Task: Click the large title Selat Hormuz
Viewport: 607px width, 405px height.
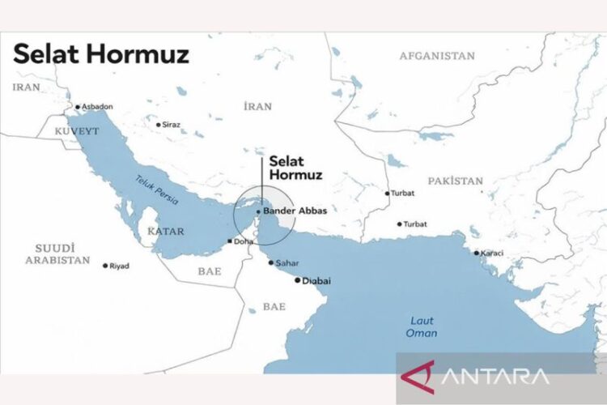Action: tap(101, 54)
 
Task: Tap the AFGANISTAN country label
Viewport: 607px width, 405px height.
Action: tap(436, 56)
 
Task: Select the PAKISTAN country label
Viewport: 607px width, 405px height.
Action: tap(456, 181)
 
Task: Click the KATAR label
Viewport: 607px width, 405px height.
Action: tap(166, 231)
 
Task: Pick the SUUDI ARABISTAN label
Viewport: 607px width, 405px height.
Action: tap(57, 254)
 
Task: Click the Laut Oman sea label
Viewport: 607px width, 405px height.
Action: tap(422, 326)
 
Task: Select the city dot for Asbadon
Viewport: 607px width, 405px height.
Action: tap(78, 107)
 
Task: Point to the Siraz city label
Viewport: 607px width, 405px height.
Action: tap(171, 125)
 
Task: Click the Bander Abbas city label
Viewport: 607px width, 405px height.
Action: tap(295, 211)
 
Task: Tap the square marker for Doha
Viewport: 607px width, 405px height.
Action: tap(231, 241)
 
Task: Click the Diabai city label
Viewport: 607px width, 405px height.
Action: tap(316, 281)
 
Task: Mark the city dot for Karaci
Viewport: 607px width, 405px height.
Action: tap(476, 253)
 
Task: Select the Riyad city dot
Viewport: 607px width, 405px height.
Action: tap(105, 266)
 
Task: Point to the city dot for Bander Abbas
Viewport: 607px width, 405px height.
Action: tap(258, 211)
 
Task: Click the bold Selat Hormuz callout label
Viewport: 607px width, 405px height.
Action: tap(295, 168)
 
